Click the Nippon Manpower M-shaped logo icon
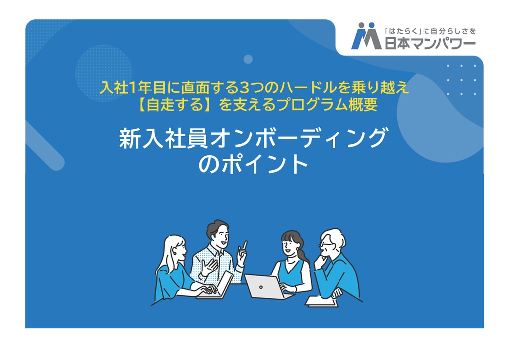(366, 36)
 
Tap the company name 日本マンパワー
(430, 43)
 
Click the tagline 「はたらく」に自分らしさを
(430, 31)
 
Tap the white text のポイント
(254, 164)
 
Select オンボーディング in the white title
(299, 139)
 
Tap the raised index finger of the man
(244, 246)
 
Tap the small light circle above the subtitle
(248, 59)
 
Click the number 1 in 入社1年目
(131, 88)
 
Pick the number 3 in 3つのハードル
(243, 88)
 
